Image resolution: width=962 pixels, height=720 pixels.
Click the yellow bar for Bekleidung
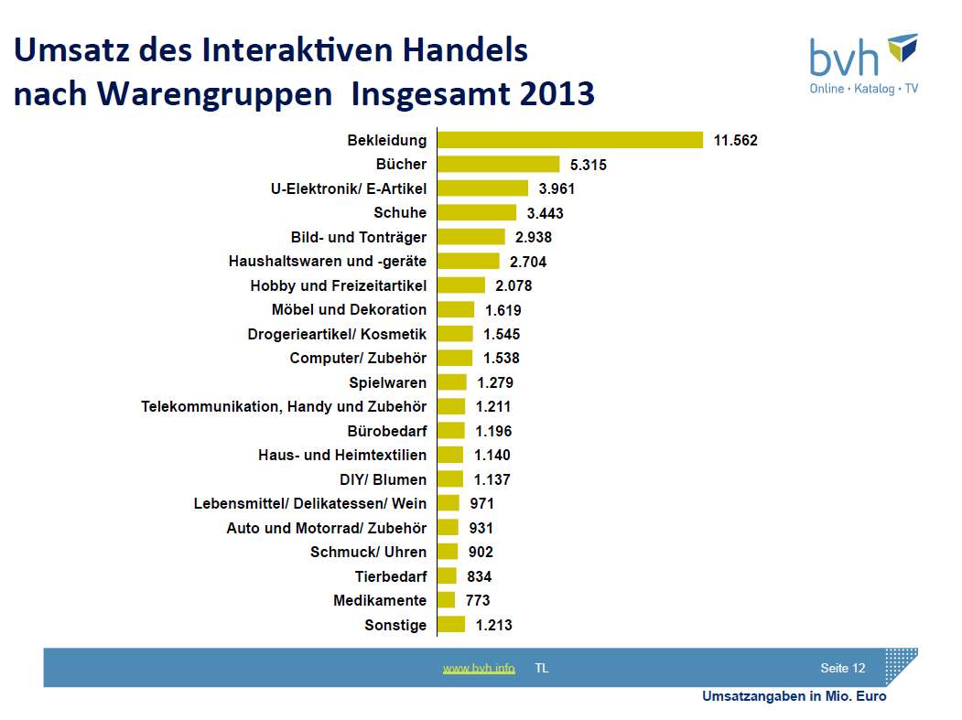click(x=569, y=140)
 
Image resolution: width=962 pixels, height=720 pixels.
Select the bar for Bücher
click(x=498, y=165)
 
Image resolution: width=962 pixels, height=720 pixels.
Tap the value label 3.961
click(x=557, y=188)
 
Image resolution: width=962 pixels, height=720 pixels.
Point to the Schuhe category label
click(x=400, y=212)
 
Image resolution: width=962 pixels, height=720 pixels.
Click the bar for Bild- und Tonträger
click(x=470, y=237)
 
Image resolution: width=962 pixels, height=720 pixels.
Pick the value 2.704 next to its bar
click(x=529, y=262)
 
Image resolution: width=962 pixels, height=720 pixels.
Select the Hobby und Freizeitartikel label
click(x=338, y=285)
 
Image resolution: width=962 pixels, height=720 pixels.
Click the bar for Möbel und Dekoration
click(x=456, y=309)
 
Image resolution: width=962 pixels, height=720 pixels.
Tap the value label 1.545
click(x=503, y=334)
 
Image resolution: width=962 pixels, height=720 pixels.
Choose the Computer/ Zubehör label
click(x=358, y=358)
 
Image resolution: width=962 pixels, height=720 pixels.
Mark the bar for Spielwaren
click(x=451, y=382)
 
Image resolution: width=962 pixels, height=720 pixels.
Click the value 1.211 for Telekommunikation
click(x=493, y=406)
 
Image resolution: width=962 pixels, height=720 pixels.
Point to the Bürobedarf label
click(x=387, y=431)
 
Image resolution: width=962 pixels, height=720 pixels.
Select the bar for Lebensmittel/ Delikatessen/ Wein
click(x=448, y=503)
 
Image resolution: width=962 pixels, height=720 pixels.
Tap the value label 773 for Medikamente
click(x=478, y=600)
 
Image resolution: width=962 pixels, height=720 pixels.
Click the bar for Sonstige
click(x=451, y=625)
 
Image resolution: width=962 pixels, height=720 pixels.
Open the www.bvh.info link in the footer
click(x=479, y=669)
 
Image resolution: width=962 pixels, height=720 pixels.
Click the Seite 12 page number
click(x=842, y=668)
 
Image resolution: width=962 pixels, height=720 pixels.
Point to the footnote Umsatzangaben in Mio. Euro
click(x=794, y=697)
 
